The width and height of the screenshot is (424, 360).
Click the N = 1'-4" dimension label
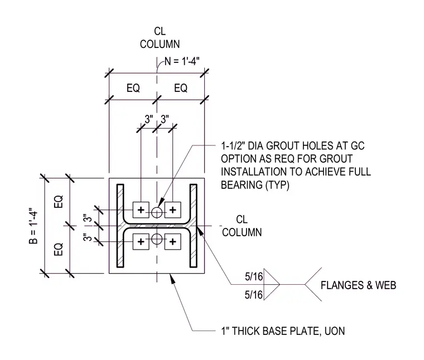tap(182, 61)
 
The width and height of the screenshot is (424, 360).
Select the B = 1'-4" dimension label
tap(33, 226)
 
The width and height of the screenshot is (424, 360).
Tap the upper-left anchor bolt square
tap(141, 210)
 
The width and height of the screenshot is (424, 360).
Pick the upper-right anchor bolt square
tap(173, 210)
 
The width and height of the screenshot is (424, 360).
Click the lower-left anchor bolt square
tap(141, 241)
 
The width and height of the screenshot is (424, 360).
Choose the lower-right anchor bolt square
tap(173, 241)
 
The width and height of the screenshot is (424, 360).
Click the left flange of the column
tap(121, 226)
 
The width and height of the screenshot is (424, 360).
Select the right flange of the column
tap(194, 226)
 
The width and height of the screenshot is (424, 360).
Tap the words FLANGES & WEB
tap(358, 285)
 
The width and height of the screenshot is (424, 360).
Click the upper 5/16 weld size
tap(254, 276)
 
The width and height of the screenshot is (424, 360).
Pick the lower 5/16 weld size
tap(254, 295)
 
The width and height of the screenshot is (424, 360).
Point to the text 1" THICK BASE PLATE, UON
tap(283, 331)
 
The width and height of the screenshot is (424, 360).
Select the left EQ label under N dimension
tap(133, 88)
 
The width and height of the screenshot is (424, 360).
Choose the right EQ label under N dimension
tap(181, 88)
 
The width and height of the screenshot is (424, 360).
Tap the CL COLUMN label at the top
tap(160, 37)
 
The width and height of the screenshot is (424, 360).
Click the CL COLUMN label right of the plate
tap(242, 226)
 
